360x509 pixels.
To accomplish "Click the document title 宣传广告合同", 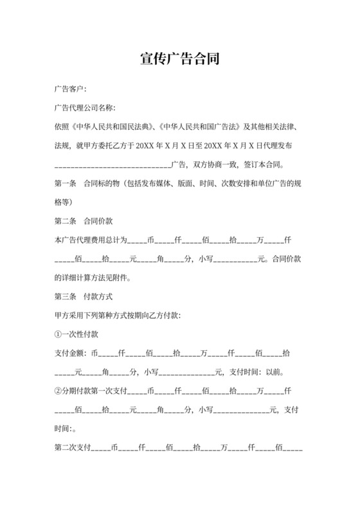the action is pos(180,60).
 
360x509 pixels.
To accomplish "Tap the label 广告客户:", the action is pos(71,89).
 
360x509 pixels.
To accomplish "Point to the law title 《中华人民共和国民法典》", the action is pos(109,127).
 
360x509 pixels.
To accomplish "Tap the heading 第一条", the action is pos(66,183).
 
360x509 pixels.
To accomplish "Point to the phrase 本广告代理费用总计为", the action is pos(90,240).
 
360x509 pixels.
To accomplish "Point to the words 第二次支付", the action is pos(73,448).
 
